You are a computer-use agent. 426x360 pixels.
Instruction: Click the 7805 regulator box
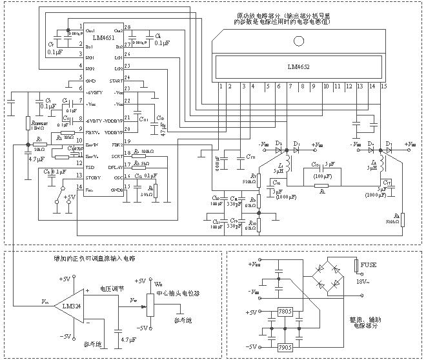click(285, 312)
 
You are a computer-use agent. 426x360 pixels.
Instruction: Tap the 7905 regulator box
click(285, 348)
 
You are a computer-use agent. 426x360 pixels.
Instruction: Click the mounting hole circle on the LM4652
click(298, 43)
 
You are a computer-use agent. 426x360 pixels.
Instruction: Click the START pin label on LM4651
click(116, 81)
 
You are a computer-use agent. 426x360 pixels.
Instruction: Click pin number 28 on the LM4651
click(127, 28)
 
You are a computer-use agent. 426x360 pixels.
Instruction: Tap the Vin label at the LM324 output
click(43, 301)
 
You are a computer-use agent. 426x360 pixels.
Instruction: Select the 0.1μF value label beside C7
click(54, 51)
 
